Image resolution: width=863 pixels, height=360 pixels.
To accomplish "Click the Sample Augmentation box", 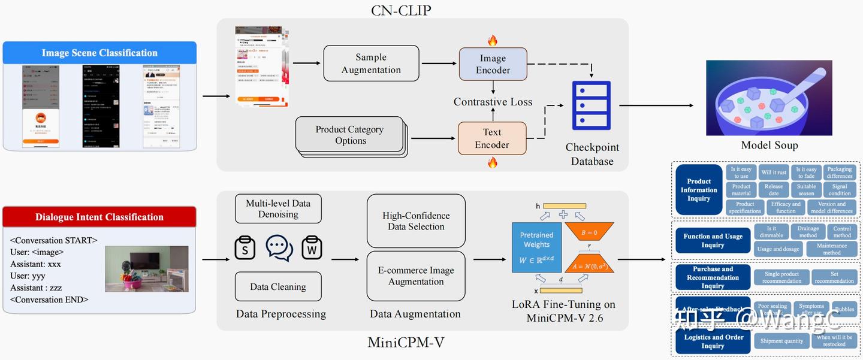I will click(371, 63).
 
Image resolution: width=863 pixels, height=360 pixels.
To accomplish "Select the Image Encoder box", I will click(493, 64).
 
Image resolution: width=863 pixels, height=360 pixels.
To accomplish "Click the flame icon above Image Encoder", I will click(493, 40).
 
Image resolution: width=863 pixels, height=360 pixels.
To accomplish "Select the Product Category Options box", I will click(349, 135).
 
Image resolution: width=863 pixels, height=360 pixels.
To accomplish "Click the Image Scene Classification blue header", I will click(99, 53).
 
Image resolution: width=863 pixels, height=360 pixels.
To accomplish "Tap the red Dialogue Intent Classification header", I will click(99, 217).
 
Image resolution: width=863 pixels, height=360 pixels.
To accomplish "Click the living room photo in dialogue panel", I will click(146, 268).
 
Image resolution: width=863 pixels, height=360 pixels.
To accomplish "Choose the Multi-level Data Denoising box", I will click(278, 208).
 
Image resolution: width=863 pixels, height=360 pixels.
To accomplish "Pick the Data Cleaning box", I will click(278, 287).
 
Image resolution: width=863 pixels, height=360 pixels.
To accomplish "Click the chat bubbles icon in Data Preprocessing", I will click(279, 248).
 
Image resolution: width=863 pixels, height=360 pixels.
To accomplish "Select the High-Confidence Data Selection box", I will click(416, 221).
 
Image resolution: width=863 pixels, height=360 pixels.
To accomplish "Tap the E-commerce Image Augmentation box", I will click(416, 276).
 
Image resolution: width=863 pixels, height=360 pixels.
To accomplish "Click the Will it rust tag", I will click(774, 173).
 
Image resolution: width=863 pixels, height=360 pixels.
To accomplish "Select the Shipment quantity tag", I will click(781, 341).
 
